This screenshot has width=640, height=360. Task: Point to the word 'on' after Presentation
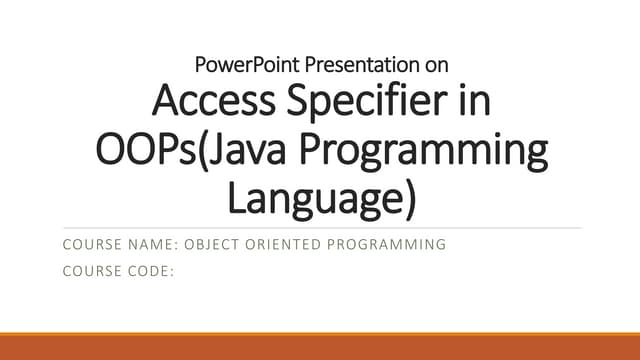click(x=437, y=66)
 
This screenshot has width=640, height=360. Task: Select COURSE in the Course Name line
click(x=93, y=244)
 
